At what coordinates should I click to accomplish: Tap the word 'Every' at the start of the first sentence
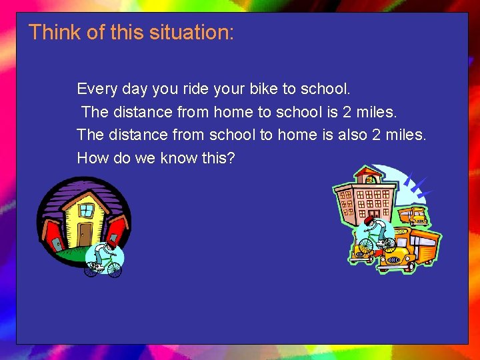96,89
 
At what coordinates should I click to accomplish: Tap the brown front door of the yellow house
85,234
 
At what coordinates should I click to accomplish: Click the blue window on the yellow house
86,209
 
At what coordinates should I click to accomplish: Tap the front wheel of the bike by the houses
114,269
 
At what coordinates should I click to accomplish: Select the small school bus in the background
415,216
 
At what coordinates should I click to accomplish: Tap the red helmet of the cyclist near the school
371,219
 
